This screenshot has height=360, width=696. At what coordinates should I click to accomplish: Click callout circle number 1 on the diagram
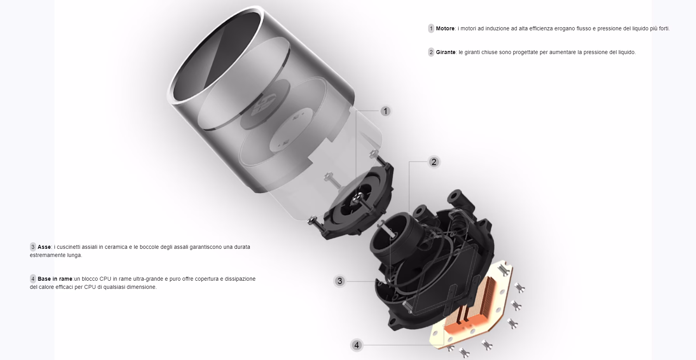(x=385, y=112)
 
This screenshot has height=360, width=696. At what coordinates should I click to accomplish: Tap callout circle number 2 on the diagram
(x=434, y=162)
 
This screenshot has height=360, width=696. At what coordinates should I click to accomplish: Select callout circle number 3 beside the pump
(x=340, y=281)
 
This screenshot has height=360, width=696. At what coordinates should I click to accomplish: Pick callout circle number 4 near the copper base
(x=357, y=345)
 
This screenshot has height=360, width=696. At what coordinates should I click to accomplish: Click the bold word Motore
(x=445, y=28)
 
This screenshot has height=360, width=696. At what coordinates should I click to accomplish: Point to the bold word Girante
(x=446, y=52)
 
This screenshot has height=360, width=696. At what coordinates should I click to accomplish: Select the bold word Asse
(x=44, y=247)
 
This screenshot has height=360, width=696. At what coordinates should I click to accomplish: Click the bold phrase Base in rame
(x=55, y=279)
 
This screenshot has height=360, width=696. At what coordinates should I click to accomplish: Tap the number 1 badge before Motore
(x=431, y=28)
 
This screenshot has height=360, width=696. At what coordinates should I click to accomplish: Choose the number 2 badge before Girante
(x=431, y=52)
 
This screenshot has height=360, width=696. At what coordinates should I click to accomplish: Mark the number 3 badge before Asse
(x=33, y=247)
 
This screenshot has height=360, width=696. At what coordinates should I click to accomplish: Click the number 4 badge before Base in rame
(x=33, y=279)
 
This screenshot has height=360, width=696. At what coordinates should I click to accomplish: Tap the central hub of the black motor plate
(x=357, y=199)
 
